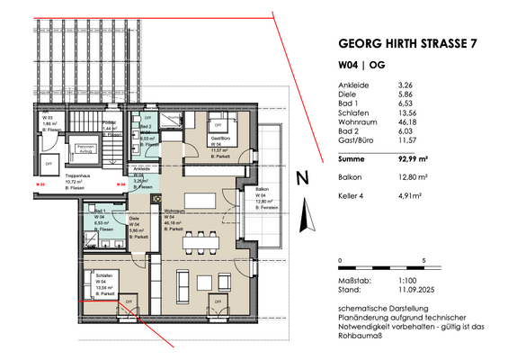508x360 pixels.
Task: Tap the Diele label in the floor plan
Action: pos(135,219)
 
